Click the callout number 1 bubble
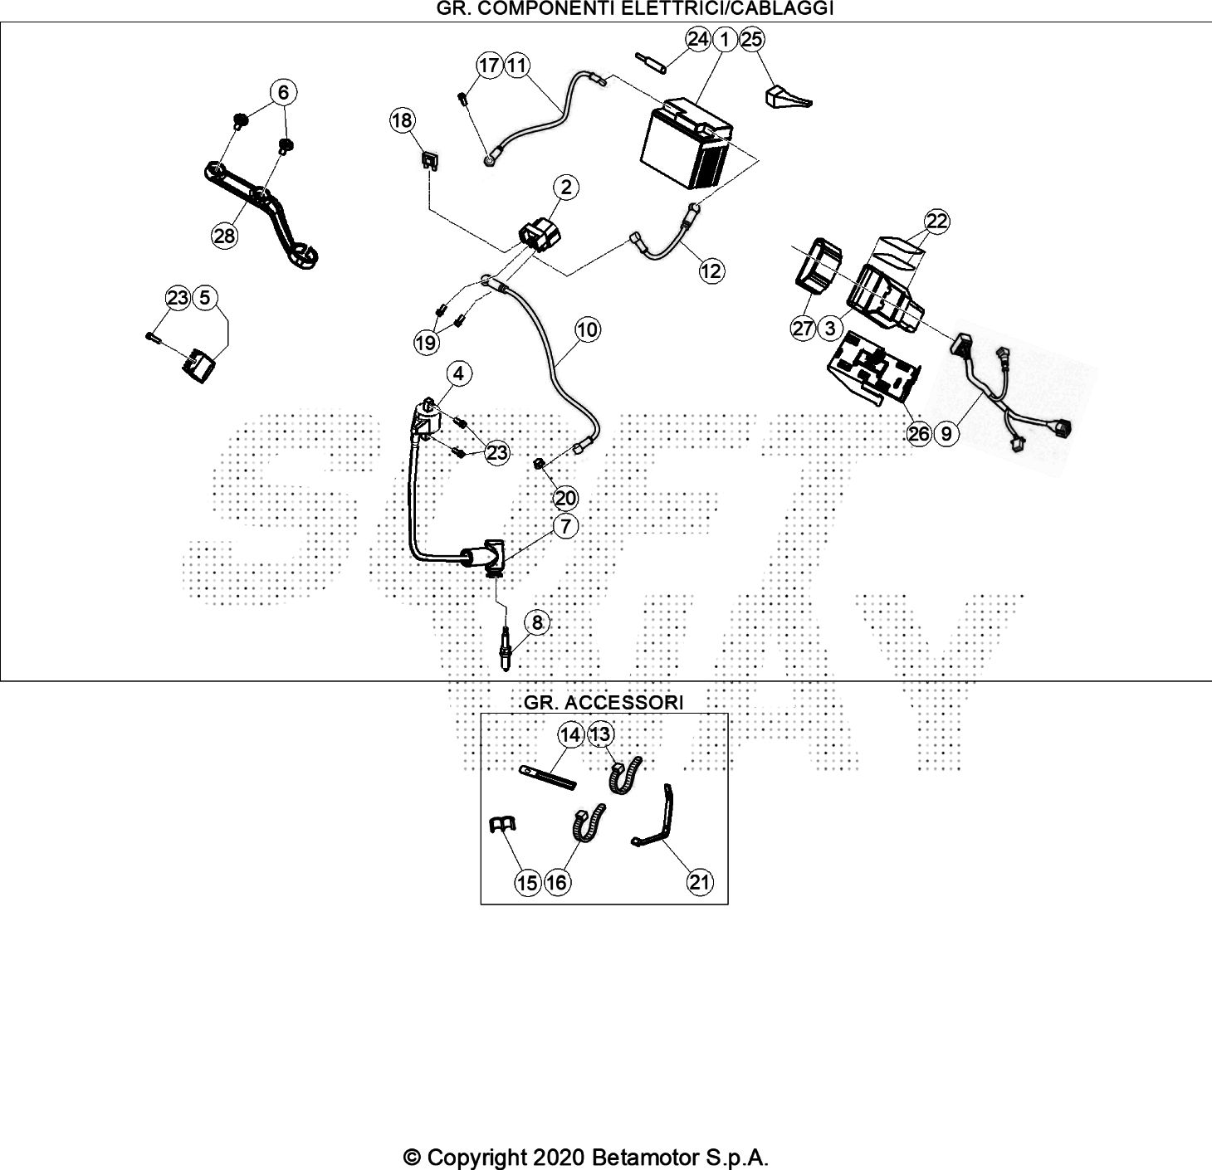click(724, 39)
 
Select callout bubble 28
click(224, 236)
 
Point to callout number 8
click(537, 622)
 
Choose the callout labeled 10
click(587, 329)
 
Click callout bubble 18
click(402, 120)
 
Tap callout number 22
click(937, 221)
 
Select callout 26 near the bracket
click(919, 433)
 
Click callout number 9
click(946, 433)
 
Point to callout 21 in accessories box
click(700, 882)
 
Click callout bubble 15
click(528, 883)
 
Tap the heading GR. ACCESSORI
click(604, 703)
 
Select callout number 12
click(711, 271)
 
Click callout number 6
click(283, 92)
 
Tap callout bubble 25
click(751, 39)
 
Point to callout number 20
click(565, 498)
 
